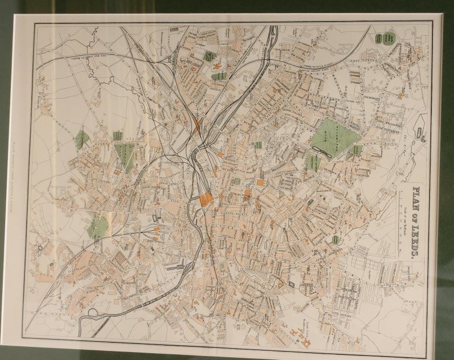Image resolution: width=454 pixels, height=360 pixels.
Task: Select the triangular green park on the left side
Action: [x=124, y=156]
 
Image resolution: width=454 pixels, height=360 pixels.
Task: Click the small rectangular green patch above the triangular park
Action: [x=118, y=136]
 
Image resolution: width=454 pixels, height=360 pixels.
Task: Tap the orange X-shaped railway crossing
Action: [x=197, y=125]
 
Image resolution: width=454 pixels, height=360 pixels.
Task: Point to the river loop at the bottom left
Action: [x=91, y=314]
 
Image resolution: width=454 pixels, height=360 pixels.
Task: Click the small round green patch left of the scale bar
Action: [x=336, y=240]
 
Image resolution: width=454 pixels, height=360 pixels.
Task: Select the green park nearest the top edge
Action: [x=208, y=57]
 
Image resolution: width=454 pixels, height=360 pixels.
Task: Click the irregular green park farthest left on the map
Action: [x=81, y=138]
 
